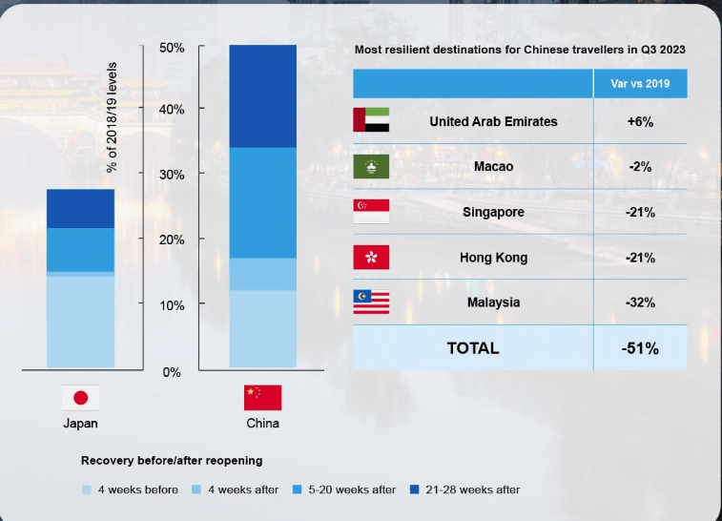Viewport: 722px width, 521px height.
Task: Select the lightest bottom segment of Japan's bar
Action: point(80,322)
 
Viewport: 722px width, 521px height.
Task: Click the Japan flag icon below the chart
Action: point(80,398)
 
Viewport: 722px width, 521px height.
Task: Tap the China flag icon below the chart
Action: point(262,398)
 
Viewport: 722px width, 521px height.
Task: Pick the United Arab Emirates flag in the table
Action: point(371,120)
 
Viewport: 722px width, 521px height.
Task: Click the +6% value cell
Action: point(640,121)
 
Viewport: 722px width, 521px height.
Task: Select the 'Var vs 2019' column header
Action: point(640,83)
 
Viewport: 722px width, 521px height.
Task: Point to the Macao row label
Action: point(493,166)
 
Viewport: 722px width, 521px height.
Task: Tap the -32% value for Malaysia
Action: point(640,302)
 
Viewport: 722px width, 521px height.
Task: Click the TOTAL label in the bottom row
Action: point(472,348)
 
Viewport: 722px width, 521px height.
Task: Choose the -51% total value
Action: point(640,348)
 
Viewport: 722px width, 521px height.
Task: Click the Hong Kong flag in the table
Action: point(371,257)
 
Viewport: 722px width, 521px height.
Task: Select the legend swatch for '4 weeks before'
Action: point(87,490)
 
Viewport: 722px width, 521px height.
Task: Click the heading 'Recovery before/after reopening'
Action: point(171,460)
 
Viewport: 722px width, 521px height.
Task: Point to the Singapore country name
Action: point(493,212)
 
